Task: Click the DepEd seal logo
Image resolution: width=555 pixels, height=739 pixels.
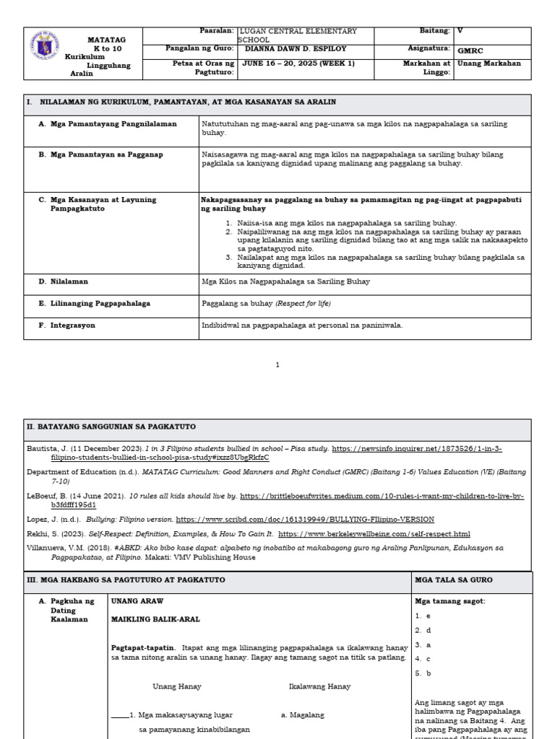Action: click(x=45, y=46)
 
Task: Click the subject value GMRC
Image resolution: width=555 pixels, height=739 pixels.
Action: click(x=468, y=51)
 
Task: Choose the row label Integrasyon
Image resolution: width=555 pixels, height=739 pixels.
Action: click(x=72, y=325)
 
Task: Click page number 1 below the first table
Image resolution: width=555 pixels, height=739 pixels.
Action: click(x=277, y=365)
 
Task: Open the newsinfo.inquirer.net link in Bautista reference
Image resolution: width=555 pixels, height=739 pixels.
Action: click(x=416, y=448)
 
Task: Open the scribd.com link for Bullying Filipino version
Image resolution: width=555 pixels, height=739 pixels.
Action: click(x=305, y=519)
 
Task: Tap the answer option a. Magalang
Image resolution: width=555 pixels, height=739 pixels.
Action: click(x=303, y=715)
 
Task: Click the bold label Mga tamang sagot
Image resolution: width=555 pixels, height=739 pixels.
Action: click(x=449, y=600)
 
